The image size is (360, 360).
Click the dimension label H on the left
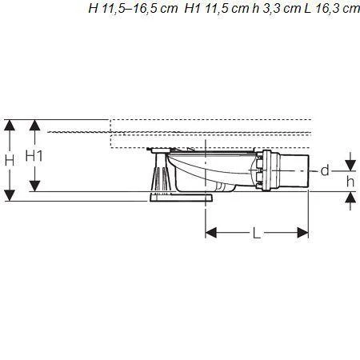point(10,160)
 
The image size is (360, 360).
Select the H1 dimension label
point(34,156)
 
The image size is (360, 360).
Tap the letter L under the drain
point(256,234)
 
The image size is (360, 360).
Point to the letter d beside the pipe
point(324,170)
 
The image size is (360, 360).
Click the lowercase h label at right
point(350,182)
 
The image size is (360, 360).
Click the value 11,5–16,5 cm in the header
point(131,9)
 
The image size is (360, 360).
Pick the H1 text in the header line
point(194,9)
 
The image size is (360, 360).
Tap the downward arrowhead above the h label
point(350,166)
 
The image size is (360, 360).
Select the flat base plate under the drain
point(180,196)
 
